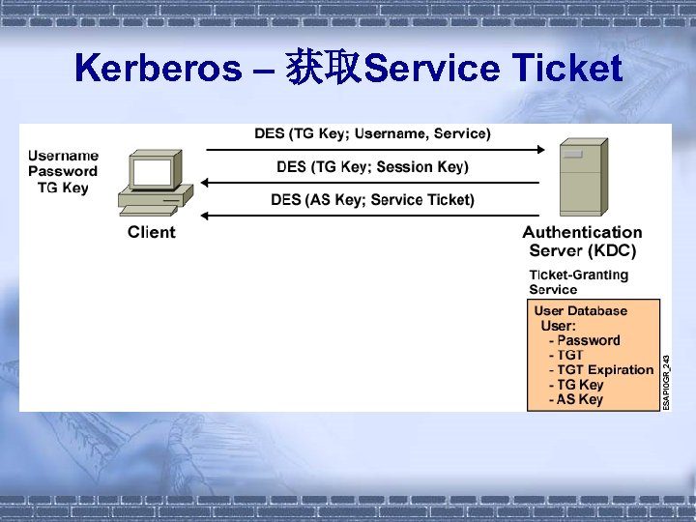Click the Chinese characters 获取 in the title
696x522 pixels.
click(323, 70)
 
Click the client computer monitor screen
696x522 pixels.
click(152, 172)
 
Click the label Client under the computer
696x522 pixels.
click(152, 232)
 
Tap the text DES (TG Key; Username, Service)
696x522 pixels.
click(372, 133)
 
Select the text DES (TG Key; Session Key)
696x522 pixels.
click(372, 167)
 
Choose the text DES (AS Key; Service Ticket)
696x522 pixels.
click(372, 200)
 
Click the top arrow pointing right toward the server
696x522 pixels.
click(372, 150)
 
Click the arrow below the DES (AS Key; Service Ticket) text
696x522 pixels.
click(372, 216)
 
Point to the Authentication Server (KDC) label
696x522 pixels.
click(582, 241)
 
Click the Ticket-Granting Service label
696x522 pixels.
click(578, 281)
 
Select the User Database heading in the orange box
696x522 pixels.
click(580, 310)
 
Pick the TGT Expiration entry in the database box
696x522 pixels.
click(600, 369)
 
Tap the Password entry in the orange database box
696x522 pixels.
click(584, 340)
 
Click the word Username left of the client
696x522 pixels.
click(63, 156)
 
